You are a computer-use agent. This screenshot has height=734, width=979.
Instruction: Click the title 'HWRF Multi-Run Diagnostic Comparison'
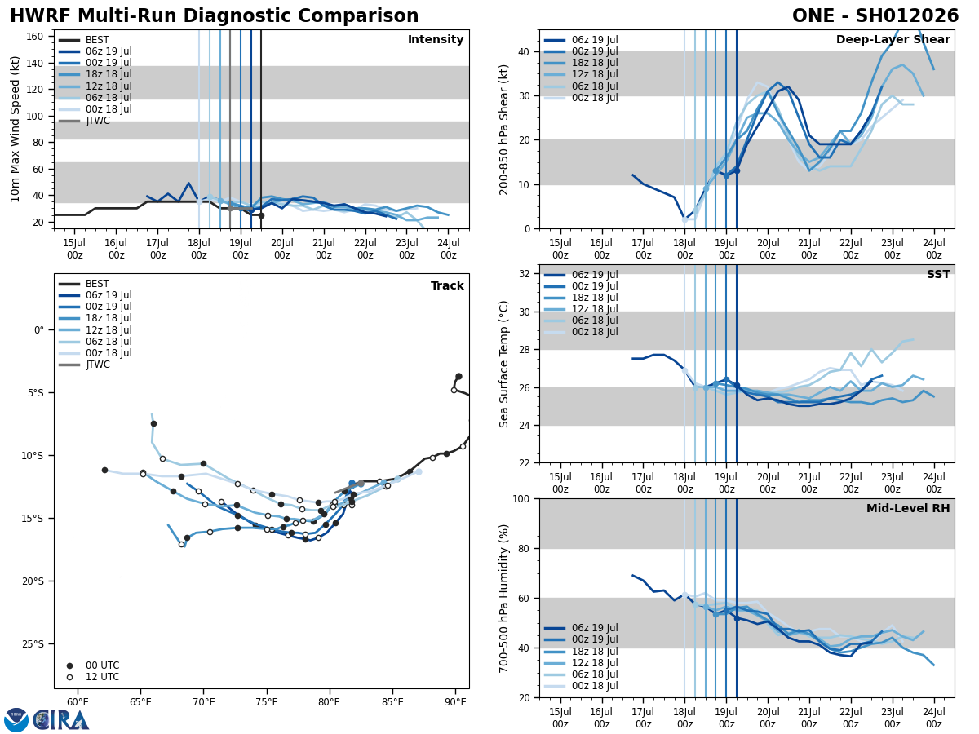214,16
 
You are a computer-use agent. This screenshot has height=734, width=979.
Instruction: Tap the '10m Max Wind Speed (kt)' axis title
16,129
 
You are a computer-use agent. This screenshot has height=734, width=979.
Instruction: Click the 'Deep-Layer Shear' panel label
893,40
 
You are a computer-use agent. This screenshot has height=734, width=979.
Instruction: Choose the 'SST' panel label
937,275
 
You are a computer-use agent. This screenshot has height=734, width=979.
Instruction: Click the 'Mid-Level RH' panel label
907,509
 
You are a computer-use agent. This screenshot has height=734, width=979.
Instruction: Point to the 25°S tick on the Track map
33,644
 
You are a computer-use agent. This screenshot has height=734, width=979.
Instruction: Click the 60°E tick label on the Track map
78,701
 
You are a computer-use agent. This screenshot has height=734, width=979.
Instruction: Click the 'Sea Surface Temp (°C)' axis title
504,364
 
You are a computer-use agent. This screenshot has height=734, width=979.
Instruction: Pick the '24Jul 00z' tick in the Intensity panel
448,249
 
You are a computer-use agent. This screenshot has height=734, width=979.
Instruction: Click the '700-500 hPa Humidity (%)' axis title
504,598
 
